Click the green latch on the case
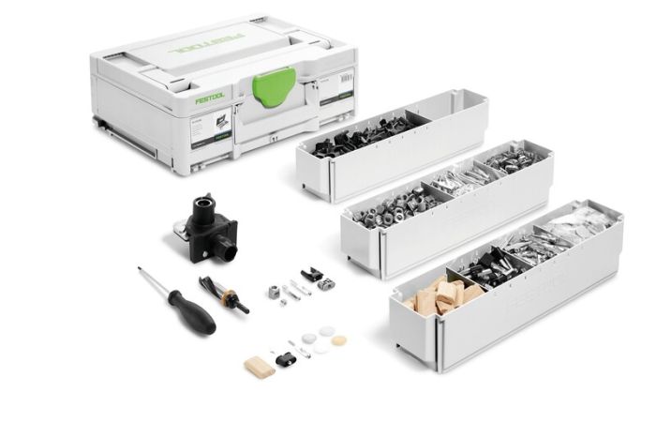click(x=274, y=87)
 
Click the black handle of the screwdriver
click(x=191, y=312)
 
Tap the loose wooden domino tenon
click(x=260, y=367)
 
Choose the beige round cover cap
click(x=339, y=340)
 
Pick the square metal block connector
click(x=275, y=292)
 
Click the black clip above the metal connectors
click(x=312, y=275)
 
